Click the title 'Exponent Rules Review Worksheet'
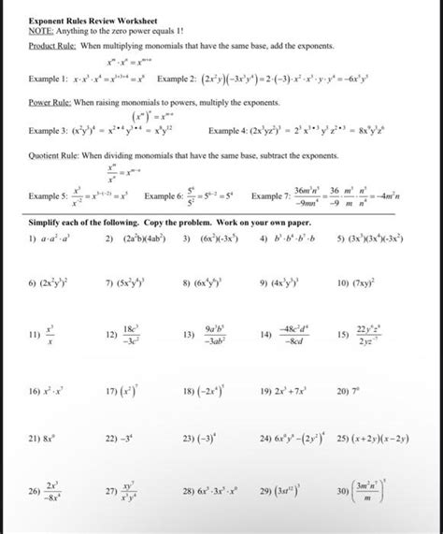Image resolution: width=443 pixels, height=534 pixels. click(92, 20)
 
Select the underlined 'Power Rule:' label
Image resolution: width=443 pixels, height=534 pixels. click(50, 103)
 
